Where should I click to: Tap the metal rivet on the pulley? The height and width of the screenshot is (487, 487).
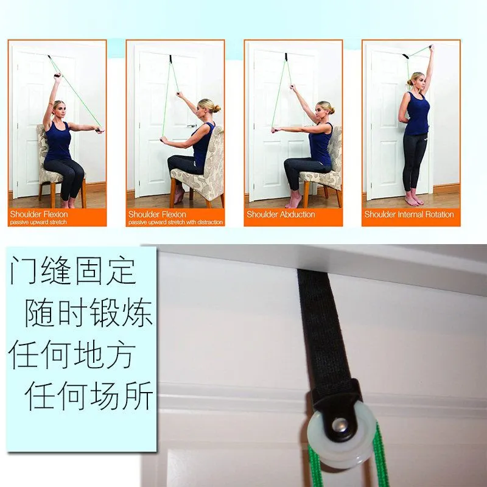click(x=340, y=424)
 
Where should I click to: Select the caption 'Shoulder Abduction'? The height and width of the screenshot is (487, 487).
click(x=281, y=214)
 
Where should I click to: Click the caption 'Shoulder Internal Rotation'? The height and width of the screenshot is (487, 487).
click(x=409, y=214)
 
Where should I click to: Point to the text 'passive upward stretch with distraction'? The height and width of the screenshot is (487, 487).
click(x=175, y=222)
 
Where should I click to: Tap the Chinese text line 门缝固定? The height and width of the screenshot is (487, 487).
click(x=73, y=271)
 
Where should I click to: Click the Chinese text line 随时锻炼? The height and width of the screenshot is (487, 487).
click(x=89, y=312)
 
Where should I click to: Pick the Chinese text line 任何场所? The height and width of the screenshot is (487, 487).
click(x=89, y=396)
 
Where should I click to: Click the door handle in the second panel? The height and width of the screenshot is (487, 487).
click(x=192, y=126)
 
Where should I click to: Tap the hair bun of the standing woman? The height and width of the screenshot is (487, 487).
click(x=409, y=82)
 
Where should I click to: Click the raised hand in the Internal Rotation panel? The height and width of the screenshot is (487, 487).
click(x=431, y=48)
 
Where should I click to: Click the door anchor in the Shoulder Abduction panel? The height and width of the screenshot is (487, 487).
click(x=286, y=57)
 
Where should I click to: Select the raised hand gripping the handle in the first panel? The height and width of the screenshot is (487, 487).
click(x=57, y=77)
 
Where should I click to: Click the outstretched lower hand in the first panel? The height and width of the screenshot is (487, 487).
click(x=100, y=130)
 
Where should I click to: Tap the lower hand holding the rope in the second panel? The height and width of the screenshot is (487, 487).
click(x=163, y=140)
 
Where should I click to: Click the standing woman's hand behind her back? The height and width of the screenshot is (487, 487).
click(x=404, y=120)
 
